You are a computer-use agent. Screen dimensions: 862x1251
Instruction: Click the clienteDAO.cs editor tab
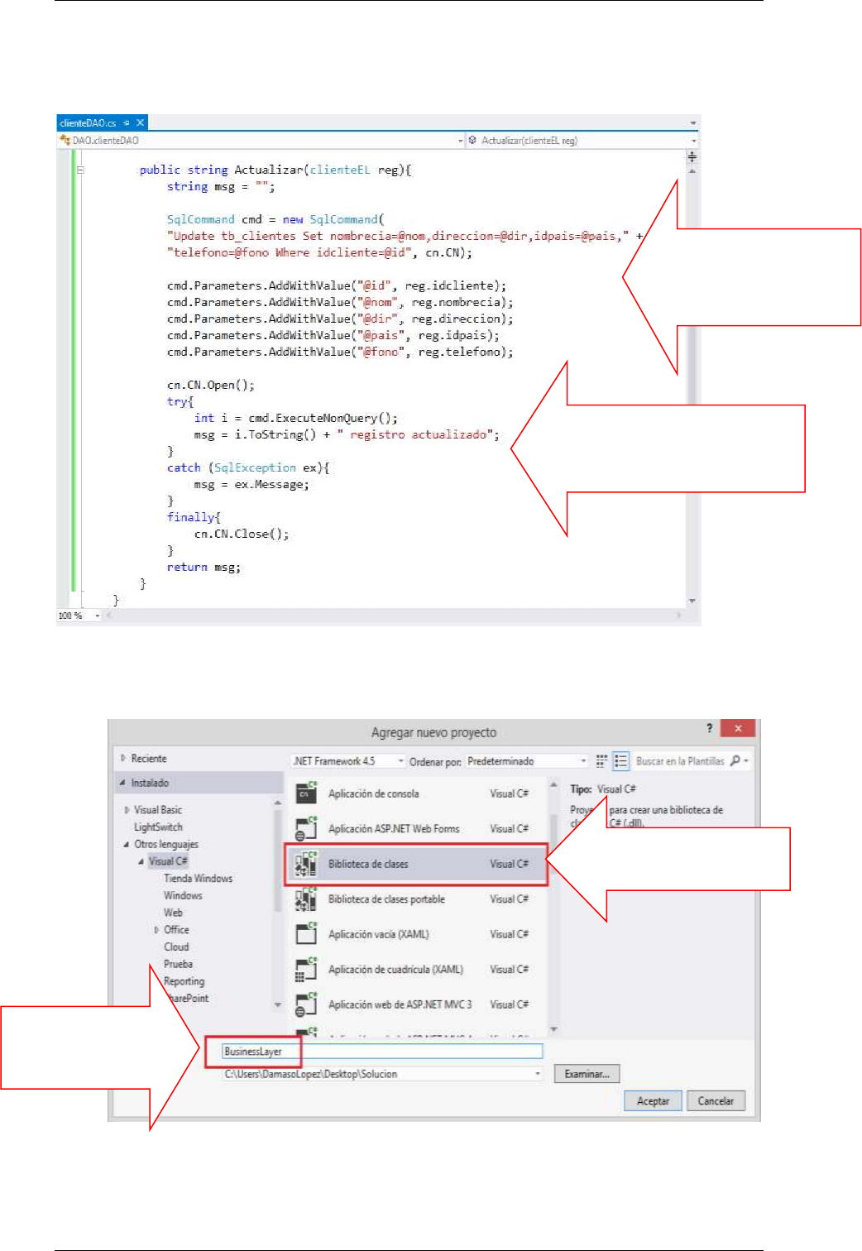click(x=88, y=123)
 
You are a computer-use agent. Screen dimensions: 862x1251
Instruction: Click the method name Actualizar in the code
click(x=269, y=170)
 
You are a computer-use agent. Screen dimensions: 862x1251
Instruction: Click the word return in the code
click(x=187, y=567)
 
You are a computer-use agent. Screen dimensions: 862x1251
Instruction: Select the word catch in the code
click(x=184, y=467)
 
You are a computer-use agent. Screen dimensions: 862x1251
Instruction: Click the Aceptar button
click(x=653, y=1100)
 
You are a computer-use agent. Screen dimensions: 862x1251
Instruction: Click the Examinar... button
click(x=587, y=1074)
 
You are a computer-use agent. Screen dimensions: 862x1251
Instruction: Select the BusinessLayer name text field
click(x=381, y=1052)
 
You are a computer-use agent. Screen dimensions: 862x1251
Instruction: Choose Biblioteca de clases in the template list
click(x=368, y=864)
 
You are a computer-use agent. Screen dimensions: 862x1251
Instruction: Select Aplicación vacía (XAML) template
click(x=378, y=934)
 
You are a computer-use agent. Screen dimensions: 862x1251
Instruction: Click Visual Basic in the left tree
click(x=158, y=810)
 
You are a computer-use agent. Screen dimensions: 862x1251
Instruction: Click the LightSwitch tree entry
click(x=158, y=827)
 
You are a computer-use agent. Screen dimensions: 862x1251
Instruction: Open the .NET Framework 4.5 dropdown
click(x=348, y=761)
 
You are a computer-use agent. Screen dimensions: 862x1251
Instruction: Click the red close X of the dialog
click(x=737, y=728)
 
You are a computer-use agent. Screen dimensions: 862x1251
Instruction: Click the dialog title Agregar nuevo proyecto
click(x=433, y=732)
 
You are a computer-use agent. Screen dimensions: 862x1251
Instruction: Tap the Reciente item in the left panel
click(x=149, y=759)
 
